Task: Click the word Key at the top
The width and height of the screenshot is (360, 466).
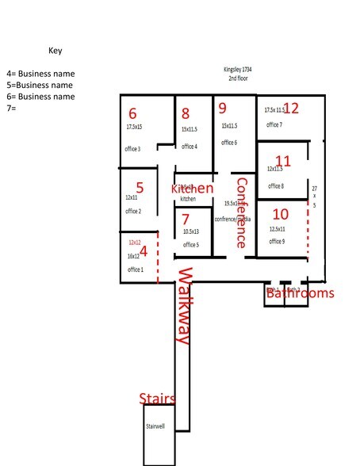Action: pyautogui.click(x=55, y=50)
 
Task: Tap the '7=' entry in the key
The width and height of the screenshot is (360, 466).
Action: pyautogui.click(x=11, y=108)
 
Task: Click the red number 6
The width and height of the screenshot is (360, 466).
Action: pyautogui.click(x=132, y=113)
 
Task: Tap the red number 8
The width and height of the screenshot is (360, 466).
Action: pyautogui.click(x=186, y=113)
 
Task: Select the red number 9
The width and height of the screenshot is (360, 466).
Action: pyautogui.click(x=223, y=108)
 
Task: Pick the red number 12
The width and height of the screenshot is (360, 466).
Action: pyautogui.click(x=291, y=108)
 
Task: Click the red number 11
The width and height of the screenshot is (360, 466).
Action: pyautogui.click(x=282, y=161)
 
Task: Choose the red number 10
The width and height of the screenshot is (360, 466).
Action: pyautogui.click(x=280, y=214)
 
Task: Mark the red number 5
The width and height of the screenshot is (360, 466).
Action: pyautogui.click(x=140, y=188)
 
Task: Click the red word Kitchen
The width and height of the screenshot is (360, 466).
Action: pyautogui.click(x=193, y=189)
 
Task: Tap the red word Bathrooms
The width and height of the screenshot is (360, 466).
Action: pyautogui.click(x=300, y=293)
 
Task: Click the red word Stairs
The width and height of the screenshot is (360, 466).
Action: pyautogui.click(x=157, y=398)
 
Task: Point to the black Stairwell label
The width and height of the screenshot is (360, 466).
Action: pyautogui.click(x=155, y=426)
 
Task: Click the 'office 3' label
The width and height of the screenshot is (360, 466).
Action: pyautogui.click(x=133, y=149)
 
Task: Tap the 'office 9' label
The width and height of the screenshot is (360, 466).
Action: pyautogui.click(x=277, y=240)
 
